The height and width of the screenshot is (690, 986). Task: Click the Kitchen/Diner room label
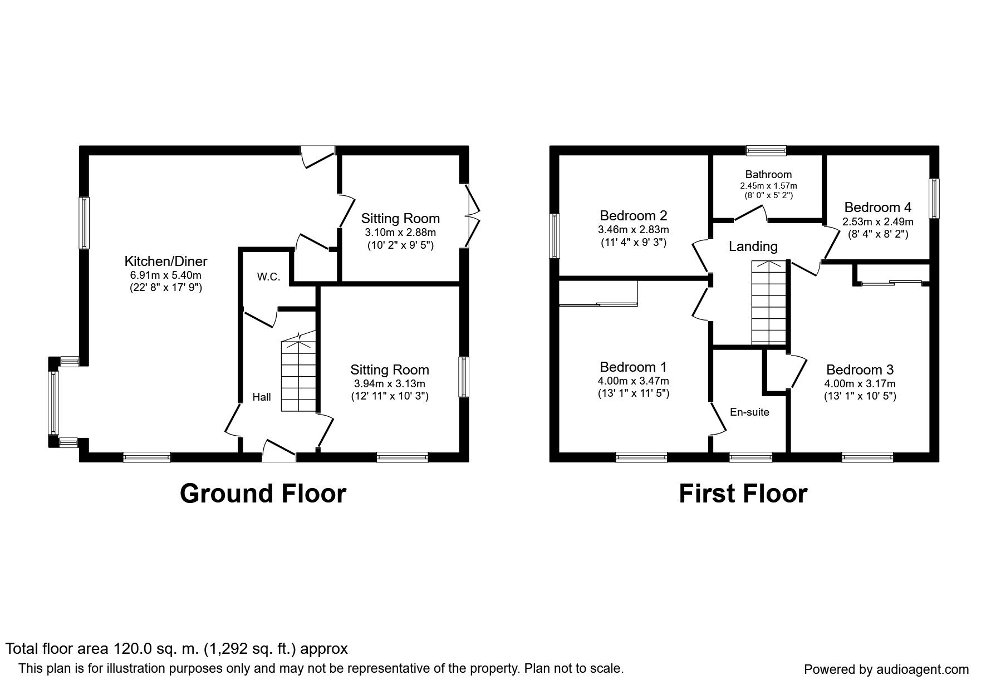point(165,261)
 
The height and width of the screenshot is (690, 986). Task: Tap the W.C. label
point(268,277)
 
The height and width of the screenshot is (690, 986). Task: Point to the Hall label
point(262,397)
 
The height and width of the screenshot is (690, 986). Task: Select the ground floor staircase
point(298,371)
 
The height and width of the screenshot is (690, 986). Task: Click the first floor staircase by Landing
point(768,302)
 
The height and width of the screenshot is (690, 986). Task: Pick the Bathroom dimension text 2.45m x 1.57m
point(769,185)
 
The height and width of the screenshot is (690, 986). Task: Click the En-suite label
point(749,412)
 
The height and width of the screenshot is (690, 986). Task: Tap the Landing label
point(753,246)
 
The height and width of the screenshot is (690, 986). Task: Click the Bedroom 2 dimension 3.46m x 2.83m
point(634,229)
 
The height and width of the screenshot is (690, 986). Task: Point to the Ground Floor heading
point(263,494)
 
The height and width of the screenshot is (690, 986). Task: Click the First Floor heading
point(743,494)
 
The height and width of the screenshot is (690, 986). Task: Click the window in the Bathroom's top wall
point(766,150)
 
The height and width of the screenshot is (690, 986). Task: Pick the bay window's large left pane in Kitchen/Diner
point(54,402)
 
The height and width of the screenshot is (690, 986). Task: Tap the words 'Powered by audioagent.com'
point(886,669)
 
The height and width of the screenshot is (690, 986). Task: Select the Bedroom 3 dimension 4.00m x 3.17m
point(860,384)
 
